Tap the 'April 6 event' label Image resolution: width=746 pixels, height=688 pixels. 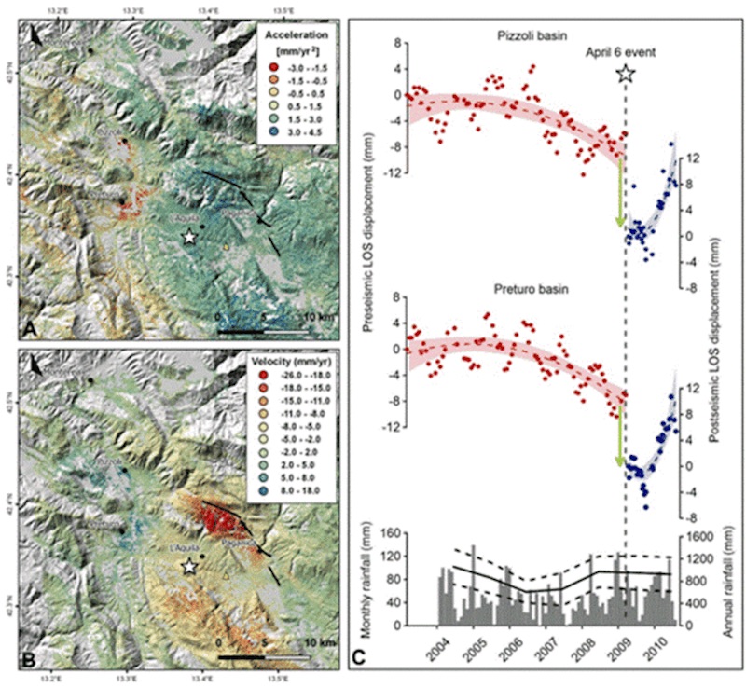(x=621, y=52)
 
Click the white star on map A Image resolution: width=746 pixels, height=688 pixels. (x=190, y=238)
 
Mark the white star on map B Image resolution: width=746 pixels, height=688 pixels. (x=190, y=566)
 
